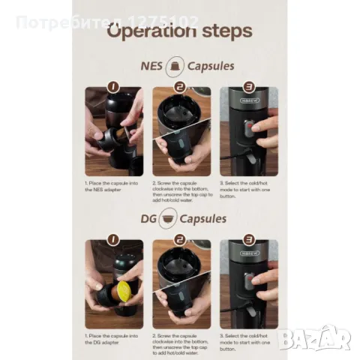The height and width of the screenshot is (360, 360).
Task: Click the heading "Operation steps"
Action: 180,32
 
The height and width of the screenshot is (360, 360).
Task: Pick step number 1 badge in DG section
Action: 112,239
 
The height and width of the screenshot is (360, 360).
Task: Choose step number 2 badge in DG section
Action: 180,239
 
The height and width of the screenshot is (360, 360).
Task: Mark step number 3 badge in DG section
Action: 248,239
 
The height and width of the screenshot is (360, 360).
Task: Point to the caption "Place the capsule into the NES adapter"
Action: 112,186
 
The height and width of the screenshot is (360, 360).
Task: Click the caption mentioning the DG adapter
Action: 112,338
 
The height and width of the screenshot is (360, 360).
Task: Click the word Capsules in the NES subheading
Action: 210,66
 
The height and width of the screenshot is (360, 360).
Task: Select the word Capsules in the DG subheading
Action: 209,219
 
